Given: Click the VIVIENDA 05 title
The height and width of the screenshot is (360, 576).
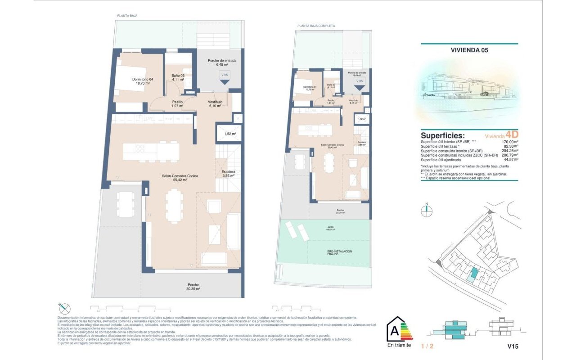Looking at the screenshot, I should click(x=469, y=50).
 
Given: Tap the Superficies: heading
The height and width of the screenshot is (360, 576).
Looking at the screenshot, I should click(x=443, y=135).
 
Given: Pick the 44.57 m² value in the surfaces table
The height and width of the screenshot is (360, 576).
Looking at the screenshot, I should click(x=509, y=160).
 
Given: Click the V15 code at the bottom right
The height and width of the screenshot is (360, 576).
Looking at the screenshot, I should click(x=513, y=347).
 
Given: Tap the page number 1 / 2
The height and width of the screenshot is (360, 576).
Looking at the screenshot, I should click(x=427, y=347).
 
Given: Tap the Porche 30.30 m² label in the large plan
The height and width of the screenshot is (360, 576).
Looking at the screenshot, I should click(x=194, y=287).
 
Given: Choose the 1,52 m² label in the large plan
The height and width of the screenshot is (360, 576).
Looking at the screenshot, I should click(x=230, y=134).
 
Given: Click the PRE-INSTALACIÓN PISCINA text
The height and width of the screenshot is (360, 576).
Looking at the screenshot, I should click(x=339, y=252).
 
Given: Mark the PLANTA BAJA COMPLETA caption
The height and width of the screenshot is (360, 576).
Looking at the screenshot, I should click(x=316, y=26).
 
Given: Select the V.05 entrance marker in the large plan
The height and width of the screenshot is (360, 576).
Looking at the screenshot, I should click(x=224, y=77).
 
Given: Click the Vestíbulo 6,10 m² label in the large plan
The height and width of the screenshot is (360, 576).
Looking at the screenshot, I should click(x=215, y=104).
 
